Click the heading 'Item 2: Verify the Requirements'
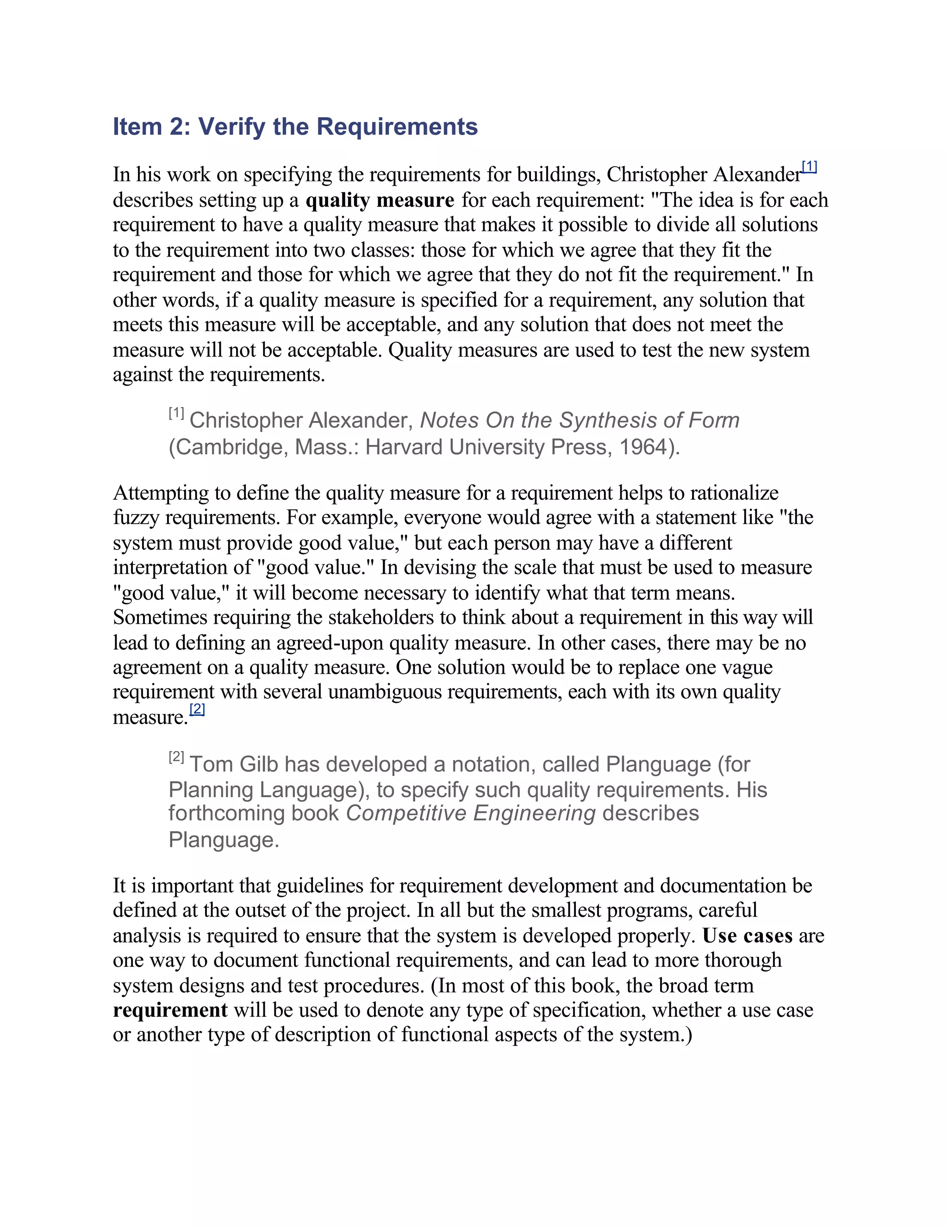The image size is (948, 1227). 295,126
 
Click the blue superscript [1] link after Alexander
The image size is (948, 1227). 809,167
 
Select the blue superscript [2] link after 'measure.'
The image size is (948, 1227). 197,709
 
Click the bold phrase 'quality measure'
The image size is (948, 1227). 380,200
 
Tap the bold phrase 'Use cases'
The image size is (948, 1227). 748,935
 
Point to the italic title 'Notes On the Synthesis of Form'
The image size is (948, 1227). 580,420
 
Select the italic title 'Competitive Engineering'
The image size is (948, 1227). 471,814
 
